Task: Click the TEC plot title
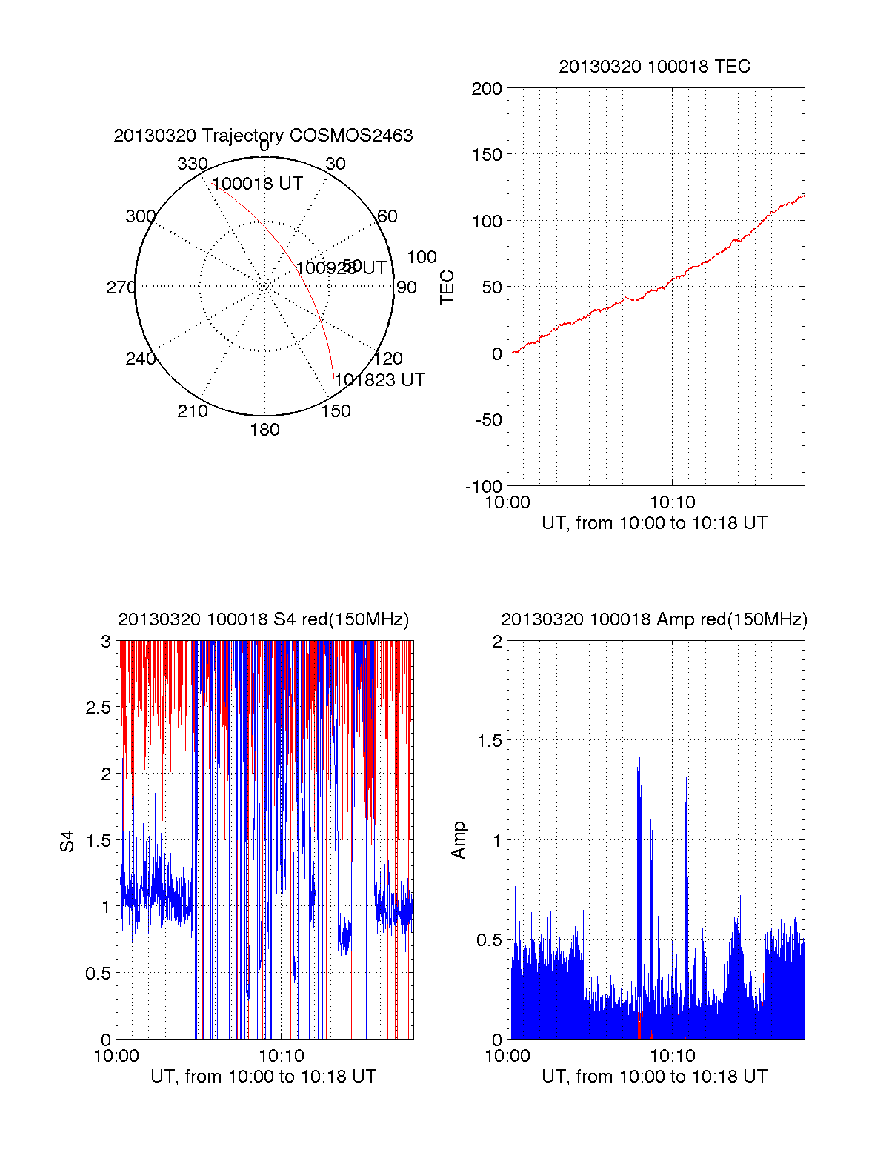pos(654,67)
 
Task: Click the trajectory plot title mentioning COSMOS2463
pos(263,136)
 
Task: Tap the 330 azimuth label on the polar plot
pos(192,164)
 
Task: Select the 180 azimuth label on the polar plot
pos(264,430)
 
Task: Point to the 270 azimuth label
pos(121,287)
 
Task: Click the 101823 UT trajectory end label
pos(380,380)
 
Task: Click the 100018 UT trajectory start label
pos(258,184)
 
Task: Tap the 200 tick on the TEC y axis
pos(487,89)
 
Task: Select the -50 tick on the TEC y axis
pos(487,420)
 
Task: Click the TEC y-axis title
pos(447,287)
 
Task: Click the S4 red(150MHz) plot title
pos(263,619)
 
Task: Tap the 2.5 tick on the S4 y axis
pos(98,708)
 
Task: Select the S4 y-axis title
pos(67,841)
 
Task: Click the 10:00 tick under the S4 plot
pos(116,1056)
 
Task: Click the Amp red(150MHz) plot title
pos(654,619)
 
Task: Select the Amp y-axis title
pos(459,840)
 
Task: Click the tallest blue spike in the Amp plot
pos(639,759)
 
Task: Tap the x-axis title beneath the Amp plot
pos(654,1077)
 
